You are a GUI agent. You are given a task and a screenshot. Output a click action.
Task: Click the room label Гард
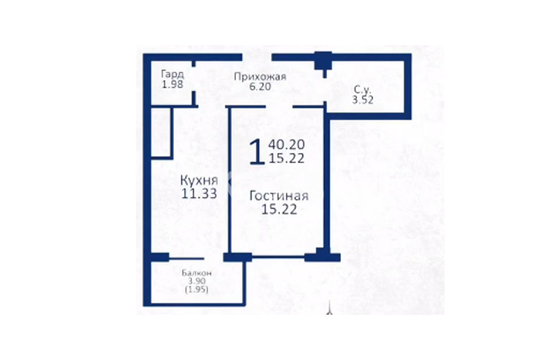(173, 74)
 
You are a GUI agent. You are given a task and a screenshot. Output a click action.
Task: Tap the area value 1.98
(172, 84)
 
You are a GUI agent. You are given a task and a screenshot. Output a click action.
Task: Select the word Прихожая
(260, 76)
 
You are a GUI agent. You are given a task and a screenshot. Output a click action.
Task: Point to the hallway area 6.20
(260, 86)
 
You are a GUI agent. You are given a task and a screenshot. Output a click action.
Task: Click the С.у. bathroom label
(363, 90)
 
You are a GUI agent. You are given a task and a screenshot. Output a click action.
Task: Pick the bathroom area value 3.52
(363, 100)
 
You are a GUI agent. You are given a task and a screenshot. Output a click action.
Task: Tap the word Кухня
(199, 180)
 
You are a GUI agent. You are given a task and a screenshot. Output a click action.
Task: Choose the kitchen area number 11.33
(199, 193)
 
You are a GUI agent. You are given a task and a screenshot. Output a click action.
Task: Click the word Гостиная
(279, 196)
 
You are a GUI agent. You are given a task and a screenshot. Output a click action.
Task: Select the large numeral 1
(257, 152)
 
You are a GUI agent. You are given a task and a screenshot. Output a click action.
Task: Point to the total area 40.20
(286, 145)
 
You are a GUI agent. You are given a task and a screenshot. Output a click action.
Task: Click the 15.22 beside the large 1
(286, 158)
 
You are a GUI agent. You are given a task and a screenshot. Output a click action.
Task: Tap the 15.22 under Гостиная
(279, 209)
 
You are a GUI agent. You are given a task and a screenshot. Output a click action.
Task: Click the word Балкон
(197, 273)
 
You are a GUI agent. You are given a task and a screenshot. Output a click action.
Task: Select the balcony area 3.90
(197, 281)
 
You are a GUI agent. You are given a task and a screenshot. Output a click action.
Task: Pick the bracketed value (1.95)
(197, 289)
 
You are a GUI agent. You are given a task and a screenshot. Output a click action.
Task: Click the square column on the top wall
(324, 61)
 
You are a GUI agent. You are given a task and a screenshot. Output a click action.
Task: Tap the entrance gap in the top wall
(257, 57)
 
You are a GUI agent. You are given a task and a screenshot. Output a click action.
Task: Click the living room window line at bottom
(278, 256)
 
